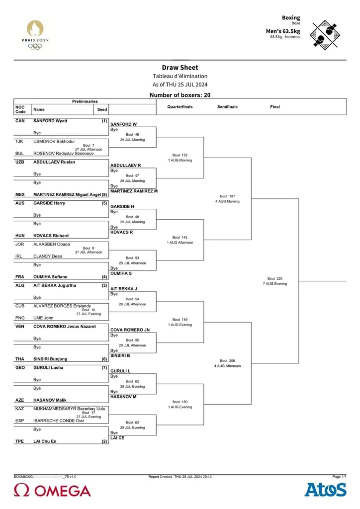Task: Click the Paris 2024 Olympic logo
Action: coord(35,35)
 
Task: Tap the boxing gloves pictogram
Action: coord(325,35)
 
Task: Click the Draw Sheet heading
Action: coord(180,68)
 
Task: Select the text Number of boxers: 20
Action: coord(180,95)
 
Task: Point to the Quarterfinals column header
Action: coord(180,107)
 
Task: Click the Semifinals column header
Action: coord(227,107)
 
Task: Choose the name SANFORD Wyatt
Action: coord(50,121)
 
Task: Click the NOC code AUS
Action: coord(20,203)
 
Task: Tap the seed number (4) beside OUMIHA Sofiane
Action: coord(104,277)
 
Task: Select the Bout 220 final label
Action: coord(275,278)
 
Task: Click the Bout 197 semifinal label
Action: coord(227,196)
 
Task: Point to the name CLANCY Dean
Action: coord(47,256)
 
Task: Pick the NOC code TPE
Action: coord(19,441)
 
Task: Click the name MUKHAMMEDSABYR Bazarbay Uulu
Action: coord(69,409)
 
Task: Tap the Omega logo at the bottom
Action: coord(52,491)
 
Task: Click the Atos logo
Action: coord(325,490)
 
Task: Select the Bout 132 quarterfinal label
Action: coord(180,155)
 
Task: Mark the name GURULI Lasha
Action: coord(48,368)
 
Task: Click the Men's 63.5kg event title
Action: coord(283,31)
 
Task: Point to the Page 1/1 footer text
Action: coord(339,477)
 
